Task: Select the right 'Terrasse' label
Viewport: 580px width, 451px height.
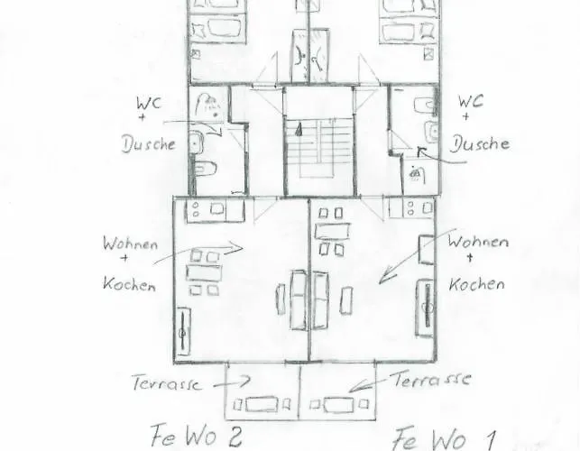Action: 430,379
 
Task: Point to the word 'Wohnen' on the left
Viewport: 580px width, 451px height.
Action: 131,244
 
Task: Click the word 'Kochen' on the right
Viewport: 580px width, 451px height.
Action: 476,283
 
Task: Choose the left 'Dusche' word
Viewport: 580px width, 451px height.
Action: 148,144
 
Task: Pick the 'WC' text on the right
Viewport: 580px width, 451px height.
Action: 472,102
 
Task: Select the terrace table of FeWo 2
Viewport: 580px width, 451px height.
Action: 262,404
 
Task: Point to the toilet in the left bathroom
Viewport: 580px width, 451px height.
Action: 204,168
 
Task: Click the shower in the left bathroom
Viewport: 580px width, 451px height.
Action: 208,106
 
